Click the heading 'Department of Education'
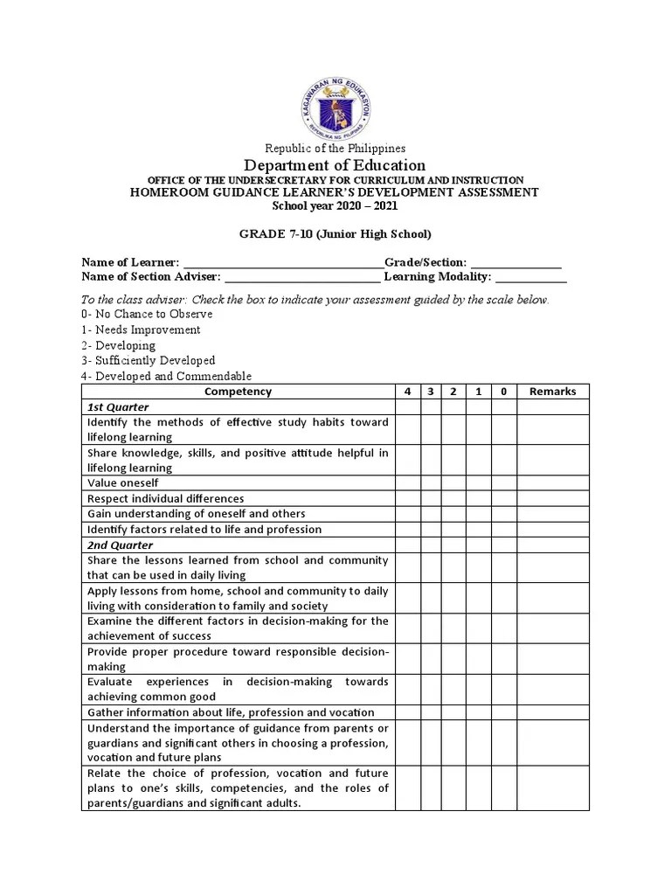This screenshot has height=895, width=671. click(x=335, y=165)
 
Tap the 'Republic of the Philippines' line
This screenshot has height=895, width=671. click(x=335, y=149)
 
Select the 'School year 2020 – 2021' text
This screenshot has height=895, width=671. click(x=335, y=206)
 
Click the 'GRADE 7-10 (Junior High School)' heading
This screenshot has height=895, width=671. click(x=335, y=234)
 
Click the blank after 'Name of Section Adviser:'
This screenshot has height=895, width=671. click(x=302, y=279)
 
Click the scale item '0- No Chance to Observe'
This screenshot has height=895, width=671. click(x=148, y=315)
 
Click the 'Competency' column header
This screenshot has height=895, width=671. click(x=238, y=392)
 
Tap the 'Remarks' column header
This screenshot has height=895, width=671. click(x=552, y=392)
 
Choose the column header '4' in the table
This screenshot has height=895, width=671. click(x=407, y=392)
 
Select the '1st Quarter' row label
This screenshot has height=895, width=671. click(x=118, y=407)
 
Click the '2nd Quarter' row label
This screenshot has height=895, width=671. click(x=119, y=545)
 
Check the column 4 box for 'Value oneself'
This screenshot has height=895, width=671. click(x=407, y=482)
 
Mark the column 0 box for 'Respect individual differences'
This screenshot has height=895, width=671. click(x=503, y=498)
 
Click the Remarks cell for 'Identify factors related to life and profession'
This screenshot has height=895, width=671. click(x=552, y=529)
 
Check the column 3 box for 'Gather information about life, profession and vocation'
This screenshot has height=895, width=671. click(x=431, y=712)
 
